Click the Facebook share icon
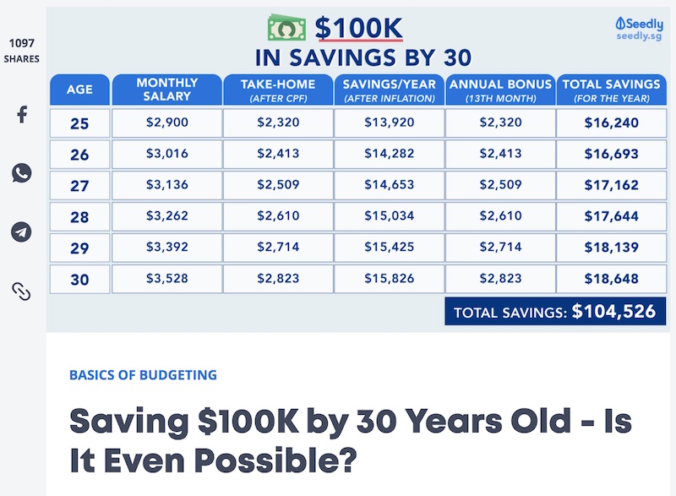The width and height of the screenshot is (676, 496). point(22,114)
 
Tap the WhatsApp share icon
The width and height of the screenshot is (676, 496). point(22,173)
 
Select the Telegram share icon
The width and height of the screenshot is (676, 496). point(21,232)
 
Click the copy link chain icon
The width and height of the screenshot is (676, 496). point(21,292)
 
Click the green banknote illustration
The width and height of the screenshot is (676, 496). point(286,28)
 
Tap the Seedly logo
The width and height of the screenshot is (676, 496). point(640,29)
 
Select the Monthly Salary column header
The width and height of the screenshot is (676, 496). point(166,90)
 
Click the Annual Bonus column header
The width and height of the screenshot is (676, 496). point(500,90)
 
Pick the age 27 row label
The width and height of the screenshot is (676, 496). point(79,186)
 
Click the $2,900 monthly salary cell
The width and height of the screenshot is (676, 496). point(166,123)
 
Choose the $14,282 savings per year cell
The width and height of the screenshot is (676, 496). point(390,154)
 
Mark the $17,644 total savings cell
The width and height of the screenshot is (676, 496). point(611,216)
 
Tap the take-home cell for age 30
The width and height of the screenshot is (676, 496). point(278,279)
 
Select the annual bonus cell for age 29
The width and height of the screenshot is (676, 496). point(500,248)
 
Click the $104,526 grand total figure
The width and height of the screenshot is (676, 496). point(613,311)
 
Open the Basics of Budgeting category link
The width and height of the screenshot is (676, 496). point(143,375)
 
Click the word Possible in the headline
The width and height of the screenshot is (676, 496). point(275,461)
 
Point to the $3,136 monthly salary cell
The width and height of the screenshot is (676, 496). point(166,185)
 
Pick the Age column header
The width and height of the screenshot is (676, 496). point(79,90)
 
